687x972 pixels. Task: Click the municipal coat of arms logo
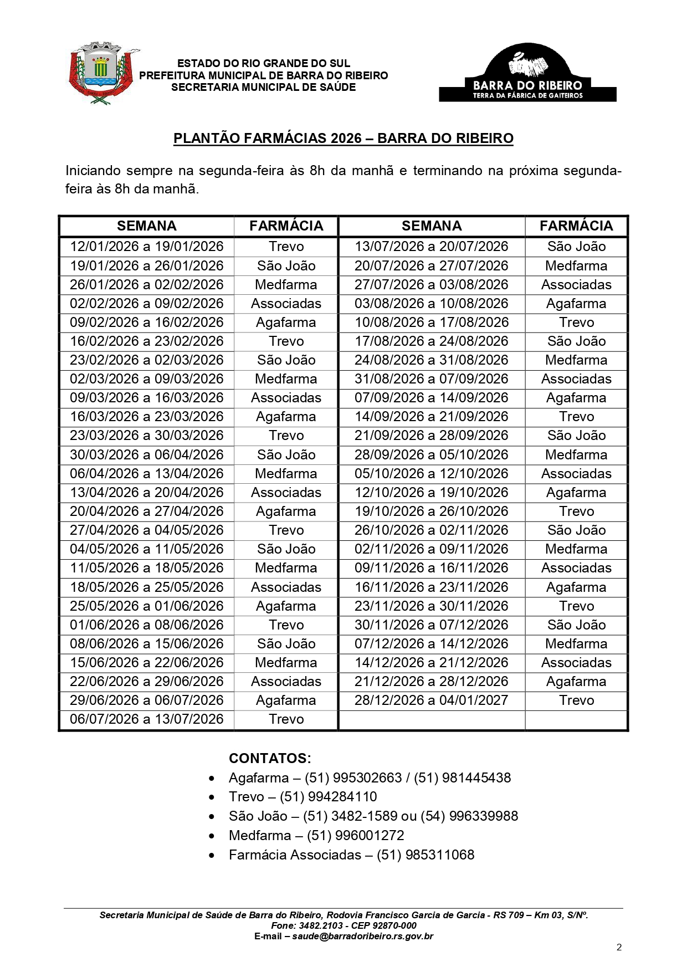pos(101,74)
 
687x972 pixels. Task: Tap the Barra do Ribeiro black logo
pos(527,73)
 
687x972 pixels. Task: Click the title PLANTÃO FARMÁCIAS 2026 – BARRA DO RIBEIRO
pos(343,138)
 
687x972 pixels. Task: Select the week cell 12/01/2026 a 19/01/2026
pos(147,247)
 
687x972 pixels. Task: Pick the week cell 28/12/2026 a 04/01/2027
pos(431,700)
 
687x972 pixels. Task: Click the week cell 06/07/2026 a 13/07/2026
pos(147,719)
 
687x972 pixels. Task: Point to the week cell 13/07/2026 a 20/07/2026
pos(431,247)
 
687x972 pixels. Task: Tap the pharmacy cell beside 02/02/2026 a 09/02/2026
pos(286,304)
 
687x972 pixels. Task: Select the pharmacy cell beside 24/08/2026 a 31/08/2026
pos(576,360)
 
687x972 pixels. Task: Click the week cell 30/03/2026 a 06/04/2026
pos(147,455)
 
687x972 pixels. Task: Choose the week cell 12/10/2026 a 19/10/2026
pos(431,493)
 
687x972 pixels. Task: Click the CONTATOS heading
pos(270,758)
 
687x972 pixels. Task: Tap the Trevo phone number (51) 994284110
pos(329,797)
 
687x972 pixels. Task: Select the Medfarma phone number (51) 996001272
pos(356,836)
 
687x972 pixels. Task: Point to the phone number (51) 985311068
pos(425,855)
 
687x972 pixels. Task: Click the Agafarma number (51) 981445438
pos(462,778)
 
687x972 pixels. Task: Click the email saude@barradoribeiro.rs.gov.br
pos(363,936)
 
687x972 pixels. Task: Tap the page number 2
pos(619,947)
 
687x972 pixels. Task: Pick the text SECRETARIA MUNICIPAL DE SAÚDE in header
pos(263,87)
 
